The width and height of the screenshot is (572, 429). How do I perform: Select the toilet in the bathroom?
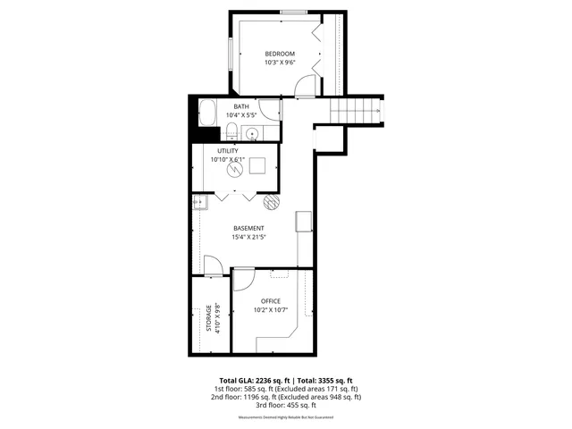[231, 133]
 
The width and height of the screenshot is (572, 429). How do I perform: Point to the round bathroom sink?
[252, 135]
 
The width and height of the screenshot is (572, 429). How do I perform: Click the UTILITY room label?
[227, 151]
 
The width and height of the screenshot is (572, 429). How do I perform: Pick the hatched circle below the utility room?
[271, 201]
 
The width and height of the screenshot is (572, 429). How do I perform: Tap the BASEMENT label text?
[248, 228]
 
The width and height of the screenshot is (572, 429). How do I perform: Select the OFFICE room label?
[271, 300]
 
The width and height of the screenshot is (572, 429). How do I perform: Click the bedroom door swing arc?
[306, 86]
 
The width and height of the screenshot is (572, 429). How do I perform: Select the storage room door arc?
[213, 265]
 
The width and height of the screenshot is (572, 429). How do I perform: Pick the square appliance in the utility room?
[259, 166]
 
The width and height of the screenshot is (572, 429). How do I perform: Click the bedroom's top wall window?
[294, 13]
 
